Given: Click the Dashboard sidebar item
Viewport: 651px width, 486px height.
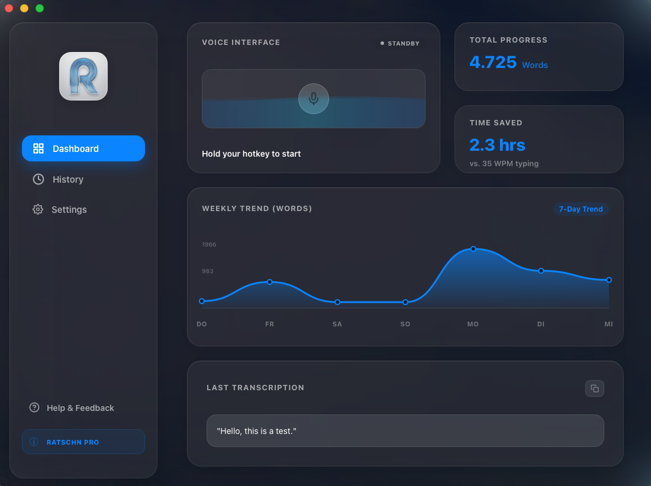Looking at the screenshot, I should [83, 148].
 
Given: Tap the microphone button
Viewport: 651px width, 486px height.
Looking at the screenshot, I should [314, 98].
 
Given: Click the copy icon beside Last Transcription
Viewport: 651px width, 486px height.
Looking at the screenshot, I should [595, 388].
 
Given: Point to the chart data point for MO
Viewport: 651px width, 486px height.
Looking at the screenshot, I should [473, 249].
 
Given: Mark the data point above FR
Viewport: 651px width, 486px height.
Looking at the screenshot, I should [270, 282].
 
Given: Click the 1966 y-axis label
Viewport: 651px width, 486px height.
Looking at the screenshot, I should [209, 244].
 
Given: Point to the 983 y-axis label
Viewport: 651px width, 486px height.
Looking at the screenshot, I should [208, 271].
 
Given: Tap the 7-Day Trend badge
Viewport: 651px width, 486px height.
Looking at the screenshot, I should [581, 209].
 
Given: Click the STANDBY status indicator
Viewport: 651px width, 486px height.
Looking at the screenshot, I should [400, 43].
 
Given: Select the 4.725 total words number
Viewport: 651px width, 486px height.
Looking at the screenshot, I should [493, 62].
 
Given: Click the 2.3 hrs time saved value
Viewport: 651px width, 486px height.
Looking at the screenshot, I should [497, 145].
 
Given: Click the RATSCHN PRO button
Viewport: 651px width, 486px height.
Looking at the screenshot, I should [83, 442].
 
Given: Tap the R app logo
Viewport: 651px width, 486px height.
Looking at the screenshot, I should [83, 76].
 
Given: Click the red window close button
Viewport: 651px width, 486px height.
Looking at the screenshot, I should [9, 8].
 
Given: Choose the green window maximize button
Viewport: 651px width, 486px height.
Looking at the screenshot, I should [40, 8].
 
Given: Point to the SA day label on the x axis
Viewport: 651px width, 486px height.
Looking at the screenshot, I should [337, 324].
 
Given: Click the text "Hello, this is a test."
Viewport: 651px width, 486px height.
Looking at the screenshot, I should [257, 431].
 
